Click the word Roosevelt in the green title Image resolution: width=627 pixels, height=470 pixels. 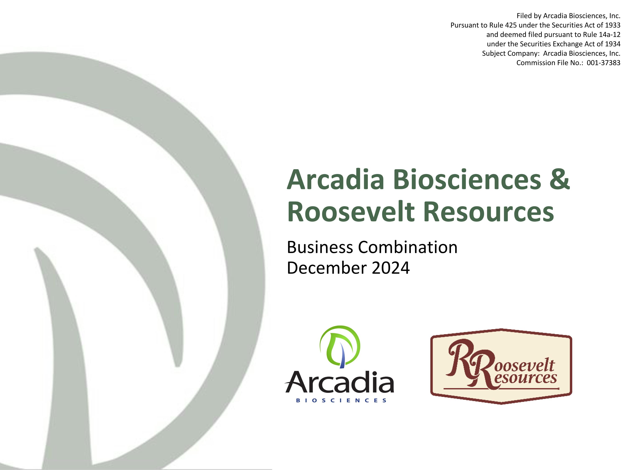(351, 212)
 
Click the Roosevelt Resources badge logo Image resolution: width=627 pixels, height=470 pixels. (501, 366)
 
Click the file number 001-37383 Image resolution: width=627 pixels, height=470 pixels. (603, 63)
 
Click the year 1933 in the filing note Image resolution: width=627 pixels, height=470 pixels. (612, 25)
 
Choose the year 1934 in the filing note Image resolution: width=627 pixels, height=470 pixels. (612, 44)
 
